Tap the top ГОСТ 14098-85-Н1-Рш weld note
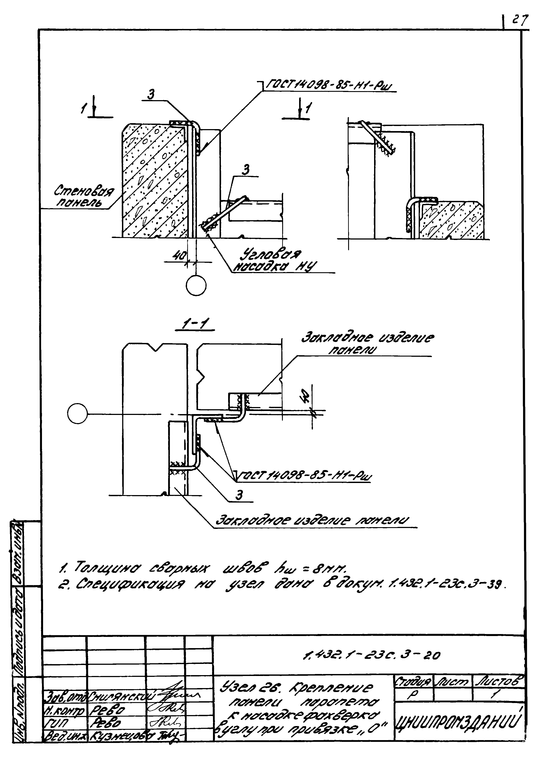pyautogui.click(x=327, y=86)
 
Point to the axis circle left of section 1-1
pyautogui.click(x=77, y=414)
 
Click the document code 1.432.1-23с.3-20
pyautogui.click(x=371, y=655)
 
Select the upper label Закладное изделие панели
pyautogui.click(x=367, y=344)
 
